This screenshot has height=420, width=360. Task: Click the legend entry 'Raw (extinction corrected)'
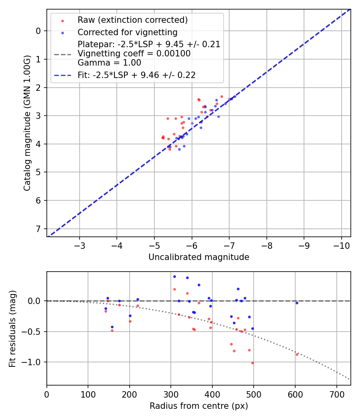click(132, 20)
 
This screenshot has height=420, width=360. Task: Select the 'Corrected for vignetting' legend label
click(127, 32)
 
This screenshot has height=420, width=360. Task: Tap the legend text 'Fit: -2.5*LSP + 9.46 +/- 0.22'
click(136, 75)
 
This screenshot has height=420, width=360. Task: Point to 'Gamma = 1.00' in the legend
click(109, 63)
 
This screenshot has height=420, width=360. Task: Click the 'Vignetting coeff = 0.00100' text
click(134, 54)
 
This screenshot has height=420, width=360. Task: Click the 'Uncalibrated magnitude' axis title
click(199, 257)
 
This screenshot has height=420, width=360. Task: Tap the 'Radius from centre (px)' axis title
click(199, 406)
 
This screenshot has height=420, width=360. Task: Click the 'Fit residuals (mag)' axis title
click(12, 328)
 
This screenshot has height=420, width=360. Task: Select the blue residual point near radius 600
click(297, 303)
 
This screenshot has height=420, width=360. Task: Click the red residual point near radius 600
click(297, 354)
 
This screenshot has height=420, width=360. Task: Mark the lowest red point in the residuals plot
click(252, 363)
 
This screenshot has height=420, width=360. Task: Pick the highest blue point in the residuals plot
click(174, 276)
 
